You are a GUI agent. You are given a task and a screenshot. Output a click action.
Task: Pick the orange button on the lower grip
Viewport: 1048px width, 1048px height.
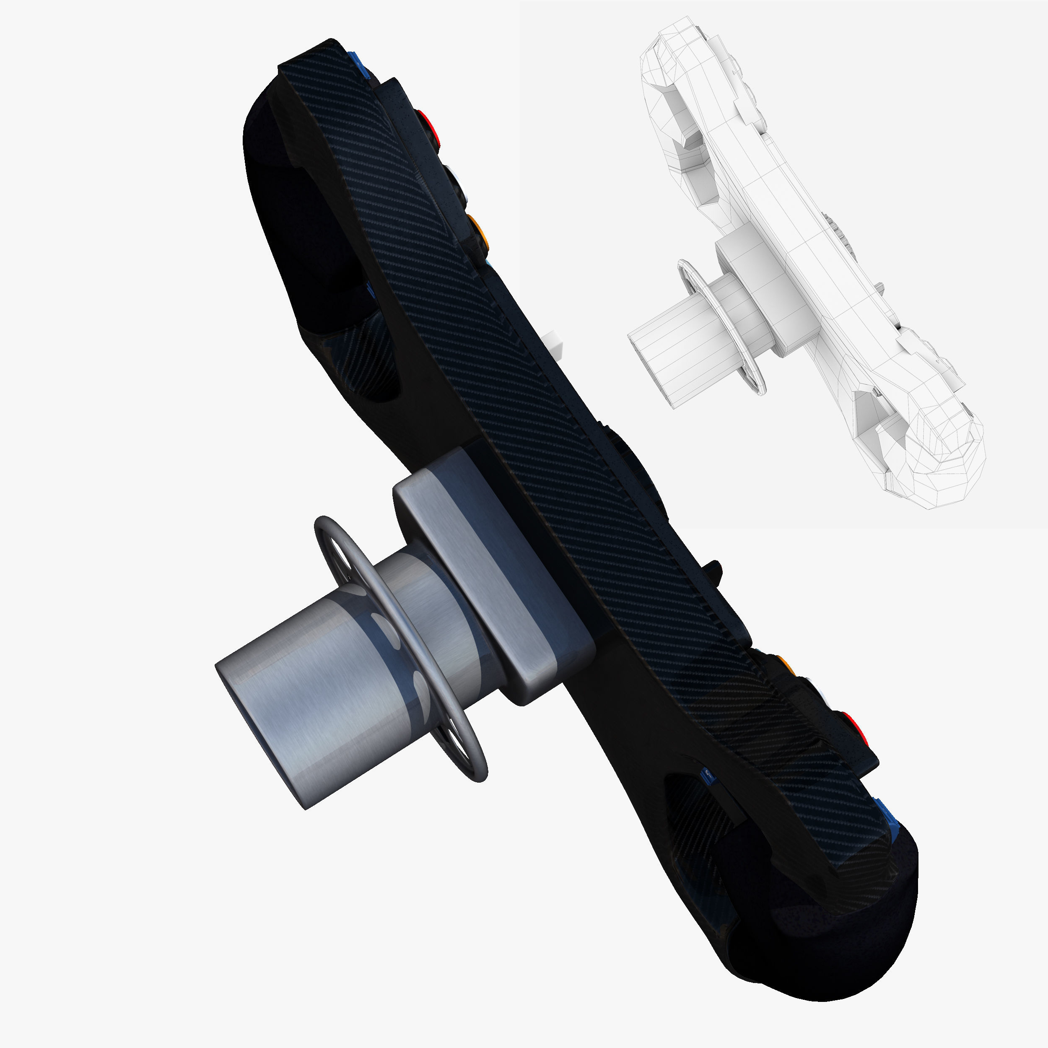click(785, 665)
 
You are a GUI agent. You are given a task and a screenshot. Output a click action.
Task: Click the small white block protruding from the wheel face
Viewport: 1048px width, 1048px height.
click(553, 345)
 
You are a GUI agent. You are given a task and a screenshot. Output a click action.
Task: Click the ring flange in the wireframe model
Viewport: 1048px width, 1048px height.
click(721, 325)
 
